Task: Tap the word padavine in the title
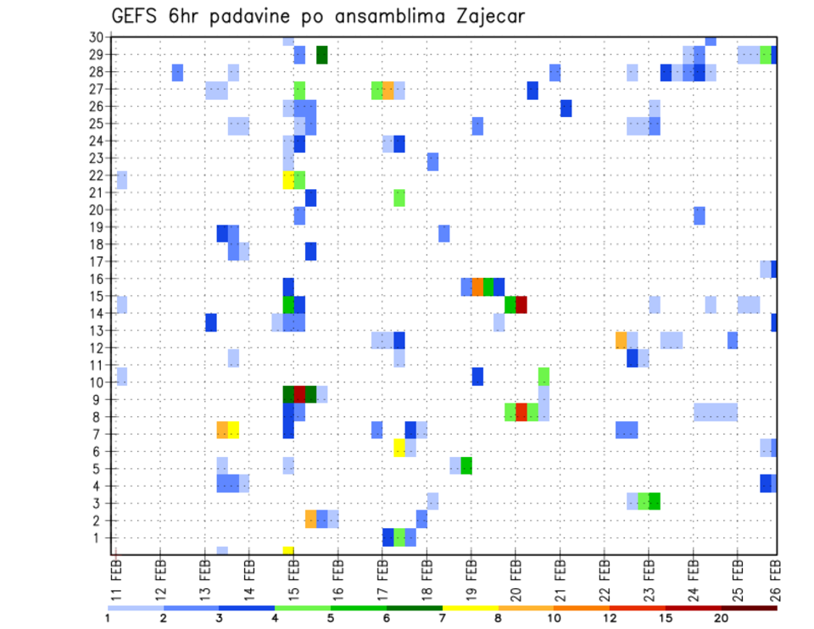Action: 249,17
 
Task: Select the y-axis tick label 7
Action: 99,434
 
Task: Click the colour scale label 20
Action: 721,618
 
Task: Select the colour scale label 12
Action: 610,618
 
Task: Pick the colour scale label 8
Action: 499,618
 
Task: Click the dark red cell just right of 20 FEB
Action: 521,304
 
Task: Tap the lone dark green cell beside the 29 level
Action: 322,55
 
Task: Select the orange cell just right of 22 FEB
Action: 621,340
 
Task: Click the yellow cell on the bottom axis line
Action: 288,551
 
